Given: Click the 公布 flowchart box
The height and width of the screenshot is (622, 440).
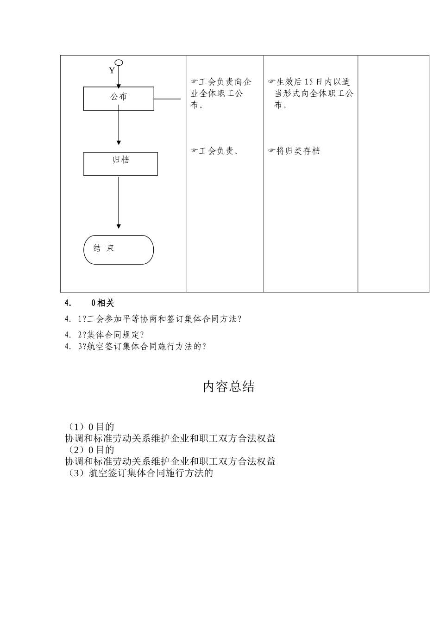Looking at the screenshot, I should click(119, 99).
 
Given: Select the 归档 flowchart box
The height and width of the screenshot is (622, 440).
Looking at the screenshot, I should click(120, 164).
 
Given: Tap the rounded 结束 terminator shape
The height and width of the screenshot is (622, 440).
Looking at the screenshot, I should click(119, 250).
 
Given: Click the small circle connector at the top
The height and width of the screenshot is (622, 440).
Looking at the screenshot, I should click(119, 62).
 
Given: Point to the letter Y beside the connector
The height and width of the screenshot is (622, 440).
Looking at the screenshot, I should click(112, 70).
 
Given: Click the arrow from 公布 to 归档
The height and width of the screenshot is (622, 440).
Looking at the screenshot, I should click(119, 127).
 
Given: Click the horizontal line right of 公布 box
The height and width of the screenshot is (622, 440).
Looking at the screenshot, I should click(167, 99).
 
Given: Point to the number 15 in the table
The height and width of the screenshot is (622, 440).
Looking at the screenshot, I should click(309, 82).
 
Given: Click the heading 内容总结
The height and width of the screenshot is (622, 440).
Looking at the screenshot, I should click(229, 387).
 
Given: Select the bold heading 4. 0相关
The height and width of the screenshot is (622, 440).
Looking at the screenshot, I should click(90, 303).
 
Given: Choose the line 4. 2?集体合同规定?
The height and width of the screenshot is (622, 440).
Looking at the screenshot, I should click(105, 335).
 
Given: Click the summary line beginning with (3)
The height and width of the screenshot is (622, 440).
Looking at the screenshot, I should click(139, 473).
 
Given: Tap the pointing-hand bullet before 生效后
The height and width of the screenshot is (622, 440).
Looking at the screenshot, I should click(272, 82).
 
